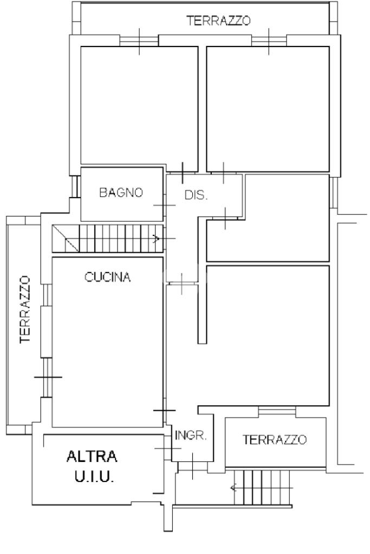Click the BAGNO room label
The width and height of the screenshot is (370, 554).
[x=121, y=192]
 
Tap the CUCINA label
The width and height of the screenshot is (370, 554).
[x=108, y=277]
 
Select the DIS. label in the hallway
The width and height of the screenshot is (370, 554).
[x=196, y=195]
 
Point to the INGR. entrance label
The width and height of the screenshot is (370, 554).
[x=191, y=436]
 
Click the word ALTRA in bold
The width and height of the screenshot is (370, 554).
[x=92, y=457]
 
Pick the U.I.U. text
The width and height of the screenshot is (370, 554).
[x=94, y=477]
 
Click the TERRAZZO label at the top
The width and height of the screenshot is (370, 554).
[x=219, y=21]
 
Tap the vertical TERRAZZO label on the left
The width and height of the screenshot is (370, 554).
[x=25, y=309]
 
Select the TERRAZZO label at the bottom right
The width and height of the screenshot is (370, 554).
[x=275, y=439]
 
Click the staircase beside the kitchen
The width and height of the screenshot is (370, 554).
[x=108, y=239]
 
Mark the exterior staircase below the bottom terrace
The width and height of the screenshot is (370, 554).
[x=262, y=488]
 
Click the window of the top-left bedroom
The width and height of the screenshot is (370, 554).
[x=139, y=40]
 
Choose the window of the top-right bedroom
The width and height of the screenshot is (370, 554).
[x=269, y=40]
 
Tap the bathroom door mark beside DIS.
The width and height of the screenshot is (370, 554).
[x=165, y=205]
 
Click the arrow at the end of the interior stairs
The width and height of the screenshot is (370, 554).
[x=156, y=239]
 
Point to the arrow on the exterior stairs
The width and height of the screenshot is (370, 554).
[x=233, y=489]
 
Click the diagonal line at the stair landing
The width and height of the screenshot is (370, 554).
[x=66, y=239]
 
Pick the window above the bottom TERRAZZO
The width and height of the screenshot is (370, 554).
[x=277, y=411]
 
